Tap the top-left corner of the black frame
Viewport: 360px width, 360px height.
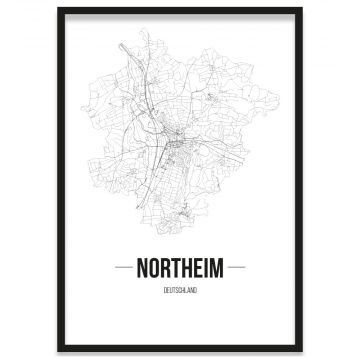[58, 8]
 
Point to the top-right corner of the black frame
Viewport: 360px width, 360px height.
[302, 8]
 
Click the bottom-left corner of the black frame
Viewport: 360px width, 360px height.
[58, 351]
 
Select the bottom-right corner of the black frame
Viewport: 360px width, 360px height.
[302, 351]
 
